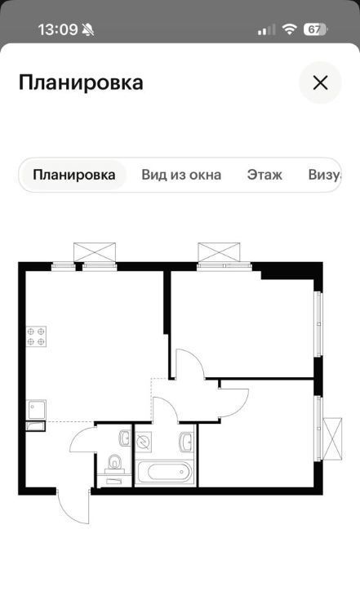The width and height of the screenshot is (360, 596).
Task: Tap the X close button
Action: tap(320, 82)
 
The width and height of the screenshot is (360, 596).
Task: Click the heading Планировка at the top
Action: tap(81, 82)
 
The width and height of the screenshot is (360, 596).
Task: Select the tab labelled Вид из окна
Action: tap(181, 175)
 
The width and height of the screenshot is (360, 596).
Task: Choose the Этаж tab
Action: tap(264, 175)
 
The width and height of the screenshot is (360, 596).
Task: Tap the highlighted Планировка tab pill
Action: tap(74, 175)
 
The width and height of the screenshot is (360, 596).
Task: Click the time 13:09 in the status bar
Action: tap(58, 29)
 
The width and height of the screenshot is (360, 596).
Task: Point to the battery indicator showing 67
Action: tap(315, 29)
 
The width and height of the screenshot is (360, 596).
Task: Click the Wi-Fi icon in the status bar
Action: tap(289, 29)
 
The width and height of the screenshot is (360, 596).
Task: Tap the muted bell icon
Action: tap(88, 29)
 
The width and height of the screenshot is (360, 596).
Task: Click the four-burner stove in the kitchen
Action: tap(36, 336)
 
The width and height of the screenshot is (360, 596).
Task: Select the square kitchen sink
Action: tap(36, 409)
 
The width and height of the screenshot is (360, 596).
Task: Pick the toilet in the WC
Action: tap(114, 464)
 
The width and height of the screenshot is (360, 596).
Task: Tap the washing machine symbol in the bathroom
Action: tap(144, 442)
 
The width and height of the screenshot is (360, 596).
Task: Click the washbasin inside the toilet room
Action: tap(124, 438)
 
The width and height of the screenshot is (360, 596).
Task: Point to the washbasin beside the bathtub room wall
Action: tap(187, 442)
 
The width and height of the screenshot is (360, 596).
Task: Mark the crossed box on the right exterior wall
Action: tap(332, 438)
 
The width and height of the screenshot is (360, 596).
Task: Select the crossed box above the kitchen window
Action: tap(95, 252)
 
